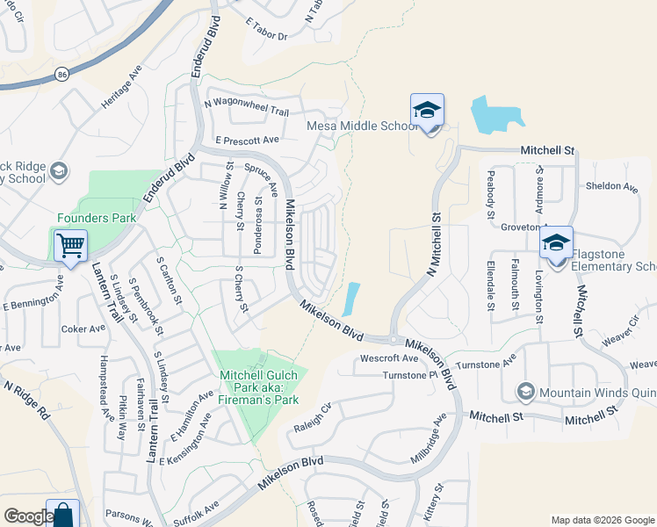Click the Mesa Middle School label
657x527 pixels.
[x=362, y=126]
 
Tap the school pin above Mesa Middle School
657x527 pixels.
[x=427, y=111]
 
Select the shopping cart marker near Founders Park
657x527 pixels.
[x=70, y=245]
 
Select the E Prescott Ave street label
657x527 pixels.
[x=247, y=140]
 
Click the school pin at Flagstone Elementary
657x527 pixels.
[x=556, y=243]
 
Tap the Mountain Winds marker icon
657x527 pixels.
[x=526, y=391]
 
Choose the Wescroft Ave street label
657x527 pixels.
[x=390, y=358]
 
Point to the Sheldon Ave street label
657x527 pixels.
[x=611, y=186]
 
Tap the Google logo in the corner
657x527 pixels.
[x=28, y=517]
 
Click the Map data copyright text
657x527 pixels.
[x=602, y=519]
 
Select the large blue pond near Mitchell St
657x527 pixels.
[x=497, y=113]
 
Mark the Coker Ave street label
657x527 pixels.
[x=83, y=329]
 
